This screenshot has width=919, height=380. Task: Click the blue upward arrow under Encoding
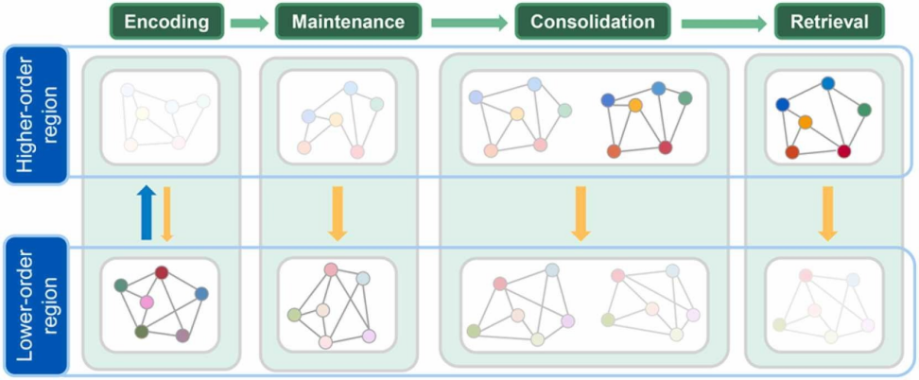coord(146,214)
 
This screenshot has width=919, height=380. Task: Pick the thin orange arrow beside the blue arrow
coord(165,214)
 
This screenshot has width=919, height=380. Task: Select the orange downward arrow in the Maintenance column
coord(337,214)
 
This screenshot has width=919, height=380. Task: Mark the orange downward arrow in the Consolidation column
coord(581,214)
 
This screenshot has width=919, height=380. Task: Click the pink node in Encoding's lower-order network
coord(147,302)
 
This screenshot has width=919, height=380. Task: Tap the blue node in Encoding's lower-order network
coord(201,294)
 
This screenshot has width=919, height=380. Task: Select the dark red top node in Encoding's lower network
coord(162,272)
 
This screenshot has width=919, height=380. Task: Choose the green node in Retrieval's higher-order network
coord(863,111)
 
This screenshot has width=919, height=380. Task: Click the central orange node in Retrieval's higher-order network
coord(805,122)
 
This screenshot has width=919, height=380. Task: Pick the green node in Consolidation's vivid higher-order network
coord(685,98)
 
